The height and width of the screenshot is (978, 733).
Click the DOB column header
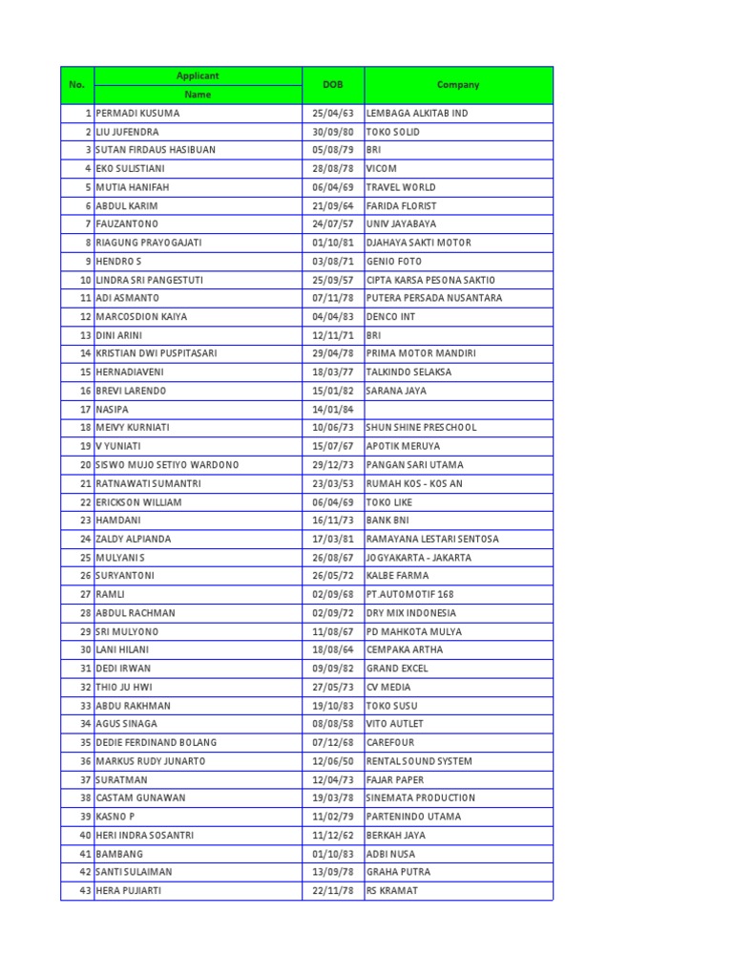[x=332, y=85]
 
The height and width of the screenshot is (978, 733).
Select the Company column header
[x=458, y=85]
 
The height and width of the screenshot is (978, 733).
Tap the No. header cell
[x=77, y=85]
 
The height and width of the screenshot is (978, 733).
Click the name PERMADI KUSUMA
[x=137, y=113]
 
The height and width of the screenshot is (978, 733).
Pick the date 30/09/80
[x=332, y=132]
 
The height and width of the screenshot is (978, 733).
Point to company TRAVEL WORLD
[x=400, y=187]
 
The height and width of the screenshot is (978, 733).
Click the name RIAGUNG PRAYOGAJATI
[x=148, y=243]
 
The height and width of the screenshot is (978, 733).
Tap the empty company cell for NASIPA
[x=458, y=410]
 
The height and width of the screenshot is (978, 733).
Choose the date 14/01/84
[x=332, y=410]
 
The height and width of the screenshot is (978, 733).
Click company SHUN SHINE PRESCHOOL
[x=421, y=428]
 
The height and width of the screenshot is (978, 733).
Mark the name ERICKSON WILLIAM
[x=138, y=502]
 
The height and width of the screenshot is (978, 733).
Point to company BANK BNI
[x=387, y=521]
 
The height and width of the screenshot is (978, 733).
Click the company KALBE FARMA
[x=397, y=576]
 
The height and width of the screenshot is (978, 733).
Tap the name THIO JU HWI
[x=124, y=687]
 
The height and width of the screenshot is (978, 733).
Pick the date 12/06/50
[x=332, y=761]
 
